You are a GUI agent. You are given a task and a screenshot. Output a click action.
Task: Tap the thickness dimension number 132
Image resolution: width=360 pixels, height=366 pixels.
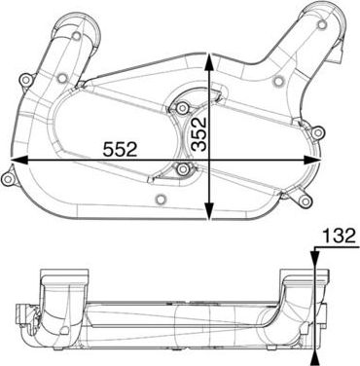point(336,236)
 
